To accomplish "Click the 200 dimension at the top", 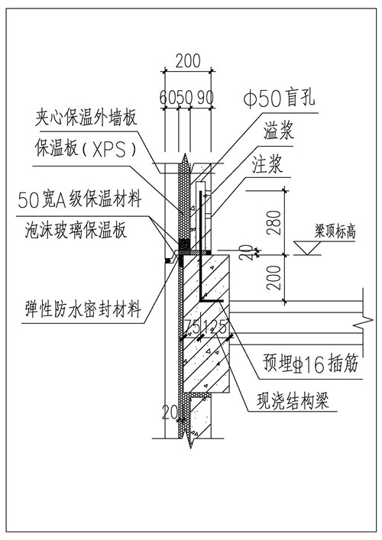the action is click(x=188, y=61).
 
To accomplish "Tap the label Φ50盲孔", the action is click(x=279, y=99).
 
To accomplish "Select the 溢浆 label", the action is click(x=279, y=131).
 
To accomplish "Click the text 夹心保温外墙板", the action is click(x=86, y=118).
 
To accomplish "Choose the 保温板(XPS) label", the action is click(x=86, y=148).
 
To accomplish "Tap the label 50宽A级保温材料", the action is click(x=80, y=199).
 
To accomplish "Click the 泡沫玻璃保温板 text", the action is click(x=76, y=230).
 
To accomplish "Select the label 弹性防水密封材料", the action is click(x=83, y=309).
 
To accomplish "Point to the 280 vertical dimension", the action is click(x=274, y=223).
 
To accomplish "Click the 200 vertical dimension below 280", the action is click(x=274, y=277).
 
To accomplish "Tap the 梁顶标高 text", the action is click(x=335, y=231).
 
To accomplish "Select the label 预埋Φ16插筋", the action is click(x=311, y=364).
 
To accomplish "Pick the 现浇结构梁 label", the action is click(x=293, y=401).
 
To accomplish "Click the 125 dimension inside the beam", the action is click(x=215, y=326).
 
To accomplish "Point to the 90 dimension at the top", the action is click(x=206, y=98).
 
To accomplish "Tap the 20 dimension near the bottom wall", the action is click(x=170, y=412).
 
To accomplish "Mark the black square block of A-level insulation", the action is click(x=184, y=244).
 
